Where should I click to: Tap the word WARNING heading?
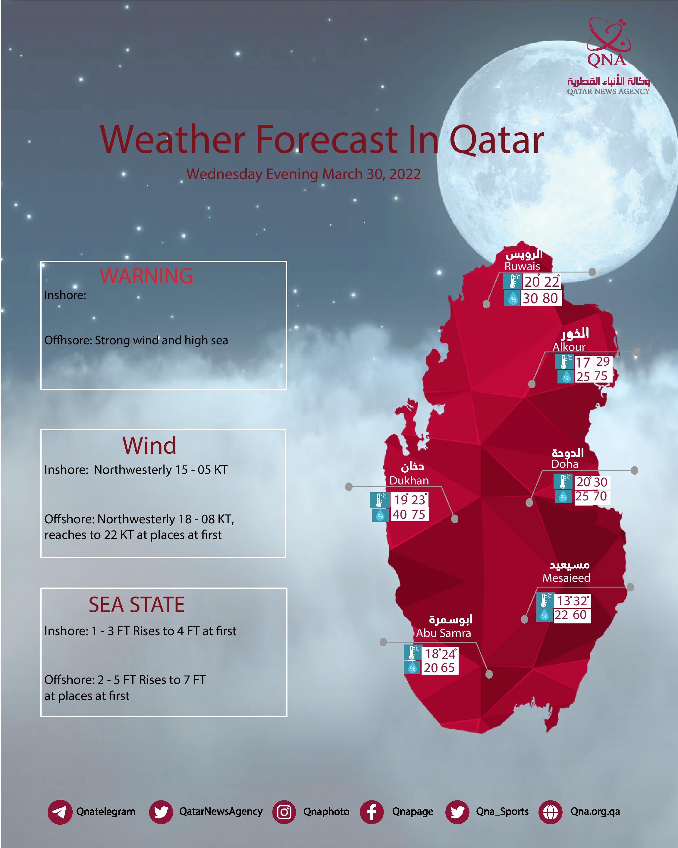[x=146, y=276]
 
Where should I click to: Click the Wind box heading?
[x=149, y=445]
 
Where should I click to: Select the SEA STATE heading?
[x=137, y=604]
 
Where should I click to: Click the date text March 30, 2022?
[x=372, y=174]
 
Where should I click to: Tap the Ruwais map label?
[x=522, y=266]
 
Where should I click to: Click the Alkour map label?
[x=569, y=347]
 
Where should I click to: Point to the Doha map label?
[x=565, y=464]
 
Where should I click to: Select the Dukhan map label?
[x=409, y=481]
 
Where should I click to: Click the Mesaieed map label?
[x=566, y=578]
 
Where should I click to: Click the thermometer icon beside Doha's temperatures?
[x=563, y=481]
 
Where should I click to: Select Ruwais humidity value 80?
[x=550, y=298]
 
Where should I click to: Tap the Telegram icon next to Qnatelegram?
[x=60, y=812]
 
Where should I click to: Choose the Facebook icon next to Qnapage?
[x=372, y=812]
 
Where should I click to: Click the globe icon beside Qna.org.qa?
[x=550, y=812]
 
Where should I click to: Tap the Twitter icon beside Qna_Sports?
[x=457, y=812]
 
